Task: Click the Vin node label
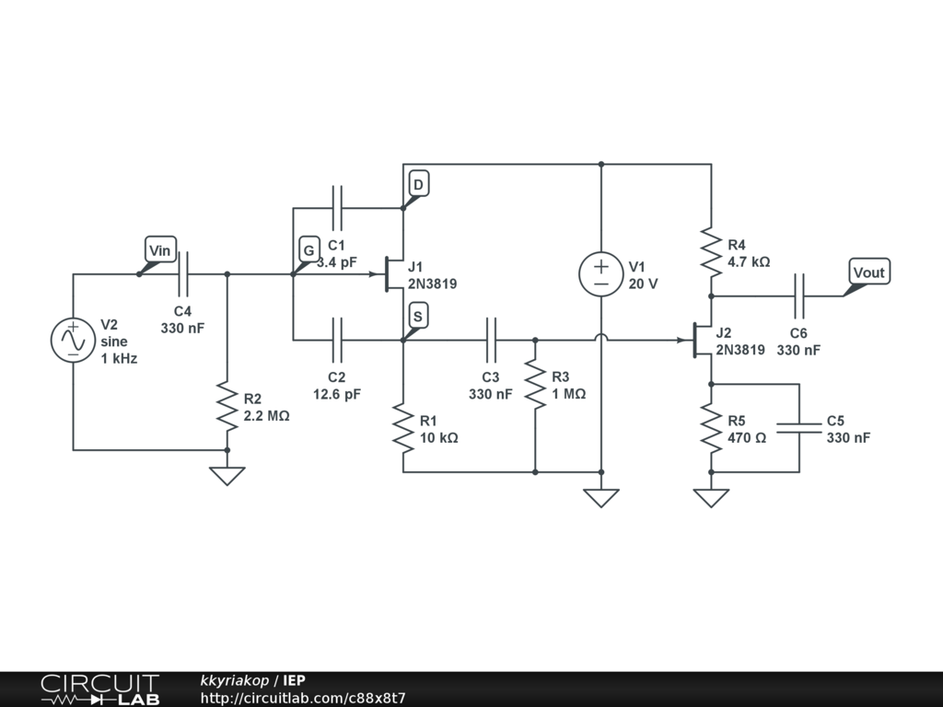tap(160, 249)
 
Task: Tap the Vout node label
tap(869, 272)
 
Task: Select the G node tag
tap(309, 249)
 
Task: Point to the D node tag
tap(419, 183)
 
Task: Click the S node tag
tap(419, 316)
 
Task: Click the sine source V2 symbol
tap(73, 341)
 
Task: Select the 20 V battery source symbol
tap(600, 274)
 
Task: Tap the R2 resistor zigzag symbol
tap(227, 406)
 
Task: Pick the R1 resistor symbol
tap(403, 428)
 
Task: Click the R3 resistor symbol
tap(535, 384)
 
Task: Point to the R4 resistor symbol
tap(711, 252)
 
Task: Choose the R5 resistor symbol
tap(711, 428)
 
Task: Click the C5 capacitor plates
tap(798, 428)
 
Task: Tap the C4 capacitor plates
tap(183, 274)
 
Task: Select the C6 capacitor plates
tap(798, 296)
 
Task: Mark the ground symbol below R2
tap(227, 476)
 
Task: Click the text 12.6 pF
tap(337, 394)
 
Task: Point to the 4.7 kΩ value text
tap(749, 262)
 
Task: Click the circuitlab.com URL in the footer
tap(303, 698)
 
